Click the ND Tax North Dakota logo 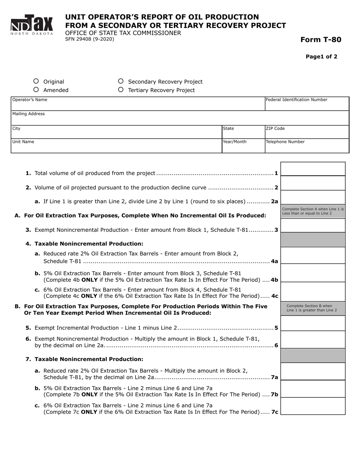click(x=31, y=25)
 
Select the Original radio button click(x=36, y=81)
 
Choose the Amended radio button click(x=36, y=90)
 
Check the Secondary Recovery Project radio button click(x=121, y=81)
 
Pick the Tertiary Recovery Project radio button click(x=121, y=90)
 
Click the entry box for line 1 click(x=313, y=169)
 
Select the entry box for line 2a click(x=313, y=197)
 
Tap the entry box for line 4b click(x=313, y=274)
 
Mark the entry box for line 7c click(x=313, y=407)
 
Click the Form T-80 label click(x=321, y=40)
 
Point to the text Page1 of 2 click(x=321, y=57)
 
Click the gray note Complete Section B click(x=313, y=308)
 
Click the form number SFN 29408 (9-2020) click(x=89, y=39)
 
